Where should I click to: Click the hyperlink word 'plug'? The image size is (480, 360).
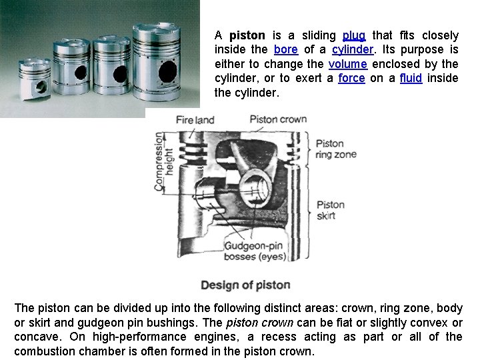pos(353,35)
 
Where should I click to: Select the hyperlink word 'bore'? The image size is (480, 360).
pos(285,50)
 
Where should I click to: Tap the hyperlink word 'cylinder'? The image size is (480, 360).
pos(352,50)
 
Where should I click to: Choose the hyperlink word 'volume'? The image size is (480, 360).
pos(347,64)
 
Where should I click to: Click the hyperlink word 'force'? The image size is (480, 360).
pos(351,78)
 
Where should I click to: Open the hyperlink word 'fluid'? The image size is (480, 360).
pos(411,78)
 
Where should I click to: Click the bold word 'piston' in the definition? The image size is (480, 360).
pos(247,35)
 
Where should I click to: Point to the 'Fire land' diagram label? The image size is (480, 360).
pos(195,120)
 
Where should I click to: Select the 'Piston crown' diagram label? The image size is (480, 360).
pos(278,119)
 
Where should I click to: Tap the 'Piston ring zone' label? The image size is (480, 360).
pos(335,149)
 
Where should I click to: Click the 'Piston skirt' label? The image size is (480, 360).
pos(330,209)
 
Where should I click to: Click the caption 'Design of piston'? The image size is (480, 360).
pos(245,285)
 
